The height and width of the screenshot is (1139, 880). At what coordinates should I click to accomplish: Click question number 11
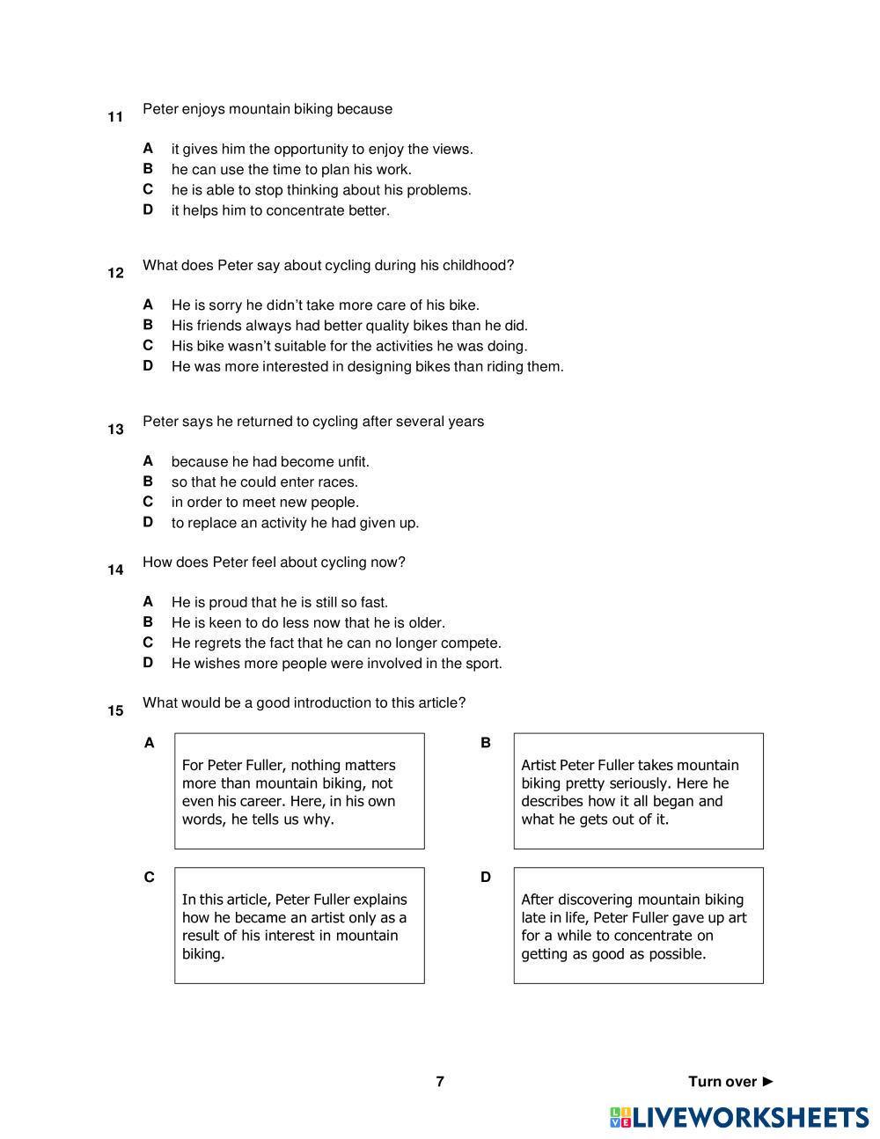click(x=115, y=117)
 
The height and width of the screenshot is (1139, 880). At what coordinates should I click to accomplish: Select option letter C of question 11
click(x=148, y=189)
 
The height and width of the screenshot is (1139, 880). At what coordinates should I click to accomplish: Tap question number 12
click(x=115, y=273)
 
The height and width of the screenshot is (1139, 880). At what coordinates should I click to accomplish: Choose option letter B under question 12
click(x=148, y=325)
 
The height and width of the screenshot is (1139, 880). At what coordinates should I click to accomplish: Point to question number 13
click(x=115, y=430)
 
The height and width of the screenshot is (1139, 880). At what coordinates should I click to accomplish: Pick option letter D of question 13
click(x=148, y=522)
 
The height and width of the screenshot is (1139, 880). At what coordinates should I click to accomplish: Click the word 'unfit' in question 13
click(x=352, y=461)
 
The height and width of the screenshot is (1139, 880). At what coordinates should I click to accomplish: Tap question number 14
click(x=115, y=570)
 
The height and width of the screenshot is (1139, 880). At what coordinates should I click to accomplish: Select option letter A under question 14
click(x=148, y=601)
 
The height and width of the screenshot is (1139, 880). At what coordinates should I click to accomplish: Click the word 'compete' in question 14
click(x=471, y=643)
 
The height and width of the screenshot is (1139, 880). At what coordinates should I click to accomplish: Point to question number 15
click(x=115, y=710)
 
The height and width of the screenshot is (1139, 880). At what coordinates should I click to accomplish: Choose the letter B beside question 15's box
click(x=485, y=743)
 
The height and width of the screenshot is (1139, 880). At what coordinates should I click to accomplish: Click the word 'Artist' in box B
click(x=538, y=765)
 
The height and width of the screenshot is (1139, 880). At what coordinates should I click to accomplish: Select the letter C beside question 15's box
click(x=149, y=877)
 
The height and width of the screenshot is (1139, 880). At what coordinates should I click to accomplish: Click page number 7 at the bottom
click(x=440, y=1081)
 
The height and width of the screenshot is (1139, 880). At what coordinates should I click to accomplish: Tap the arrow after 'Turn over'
click(x=768, y=1081)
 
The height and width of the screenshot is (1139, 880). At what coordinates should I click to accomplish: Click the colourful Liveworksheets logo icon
click(x=620, y=1118)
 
